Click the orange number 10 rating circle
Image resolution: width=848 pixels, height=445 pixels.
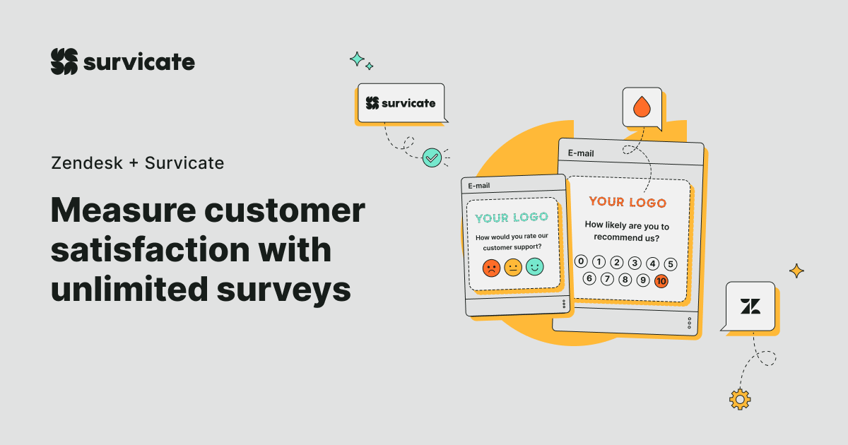(x=661, y=280)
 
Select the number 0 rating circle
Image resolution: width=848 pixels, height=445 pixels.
(x=581, y=261)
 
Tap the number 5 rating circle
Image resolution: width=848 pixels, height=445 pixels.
(x=671, y=264)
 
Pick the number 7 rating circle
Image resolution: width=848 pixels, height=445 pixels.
(x=607, y=279)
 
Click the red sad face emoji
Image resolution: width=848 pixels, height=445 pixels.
(x=491, y=268)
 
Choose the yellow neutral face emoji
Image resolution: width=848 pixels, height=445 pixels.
(x=512, y=267)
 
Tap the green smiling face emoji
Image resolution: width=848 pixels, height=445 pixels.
(x=534, y=266)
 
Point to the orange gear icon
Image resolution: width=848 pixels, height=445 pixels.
(x=740, y=399)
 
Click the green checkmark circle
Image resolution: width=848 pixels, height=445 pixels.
(x=431, y=158)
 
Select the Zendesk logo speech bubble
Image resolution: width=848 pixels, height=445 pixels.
(x=750, y=306)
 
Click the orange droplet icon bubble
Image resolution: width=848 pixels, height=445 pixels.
(x=642, y=107)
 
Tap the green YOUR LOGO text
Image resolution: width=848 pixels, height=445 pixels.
(x=512, y=218)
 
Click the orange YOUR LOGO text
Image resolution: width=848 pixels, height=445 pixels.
(x=628, y=202)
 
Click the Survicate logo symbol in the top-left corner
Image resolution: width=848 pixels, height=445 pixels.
(x=64, y=61)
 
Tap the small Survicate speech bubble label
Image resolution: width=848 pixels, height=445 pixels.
(x=401, y=103)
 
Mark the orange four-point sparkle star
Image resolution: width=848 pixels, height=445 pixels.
(x=796, y=271)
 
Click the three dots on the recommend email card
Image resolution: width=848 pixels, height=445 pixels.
(x=690, y=323)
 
